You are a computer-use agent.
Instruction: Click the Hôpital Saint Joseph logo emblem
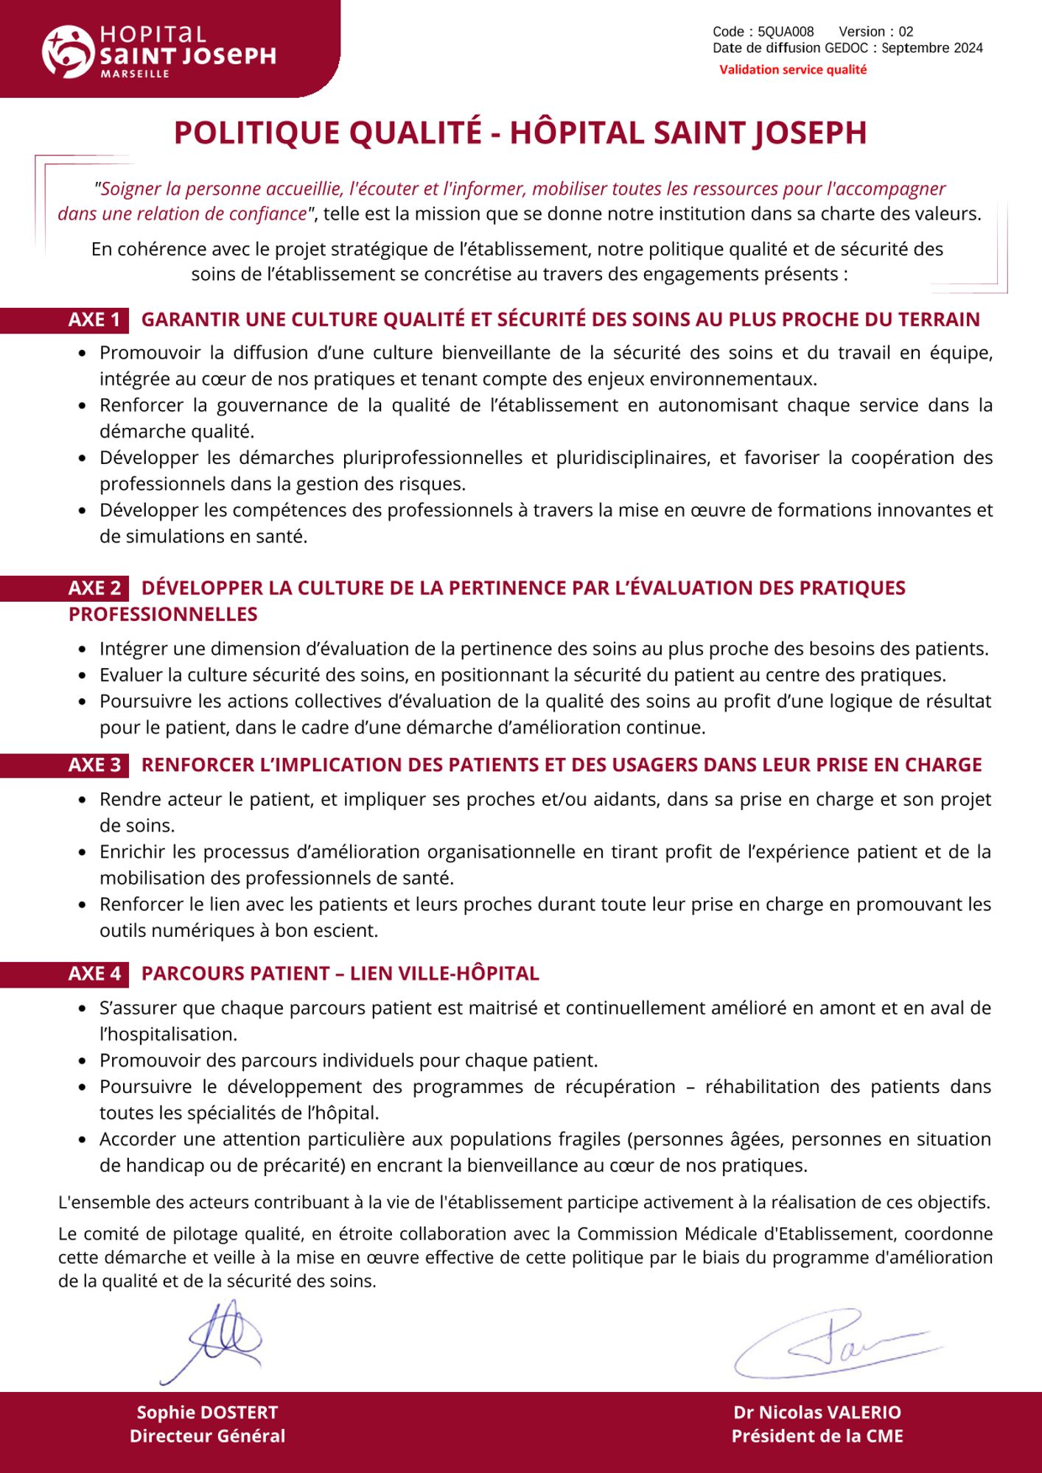[x=67, y=52]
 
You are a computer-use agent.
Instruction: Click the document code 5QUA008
[x=786, y=32]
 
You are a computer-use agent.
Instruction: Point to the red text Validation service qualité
[x=793, y=70]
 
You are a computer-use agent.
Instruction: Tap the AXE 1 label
[x=94, y=320]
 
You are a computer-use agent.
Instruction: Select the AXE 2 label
[x=94, y=588]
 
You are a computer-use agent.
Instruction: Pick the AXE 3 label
[x=94, y=764]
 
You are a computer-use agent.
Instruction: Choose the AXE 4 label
[x=94, y=974]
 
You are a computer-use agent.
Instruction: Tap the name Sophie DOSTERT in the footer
[x=207, y=1412]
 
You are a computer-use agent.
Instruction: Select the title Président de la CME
[x=817, y=1435]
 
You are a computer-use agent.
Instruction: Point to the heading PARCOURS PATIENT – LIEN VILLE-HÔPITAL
[x=340, y=974]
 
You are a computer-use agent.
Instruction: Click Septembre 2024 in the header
[x=931, y=49]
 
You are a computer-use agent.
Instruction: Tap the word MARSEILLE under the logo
[x=135, y=74]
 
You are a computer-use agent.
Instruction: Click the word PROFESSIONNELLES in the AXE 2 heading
[x=163, y=614]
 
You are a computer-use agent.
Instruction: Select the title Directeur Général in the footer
[x=207, y=1435]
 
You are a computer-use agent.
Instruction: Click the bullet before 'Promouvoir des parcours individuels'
[x=83, y=1061]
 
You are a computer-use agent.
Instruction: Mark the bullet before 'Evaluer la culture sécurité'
[x=83, y=675]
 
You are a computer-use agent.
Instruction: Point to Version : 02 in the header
[x=875, y=32]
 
